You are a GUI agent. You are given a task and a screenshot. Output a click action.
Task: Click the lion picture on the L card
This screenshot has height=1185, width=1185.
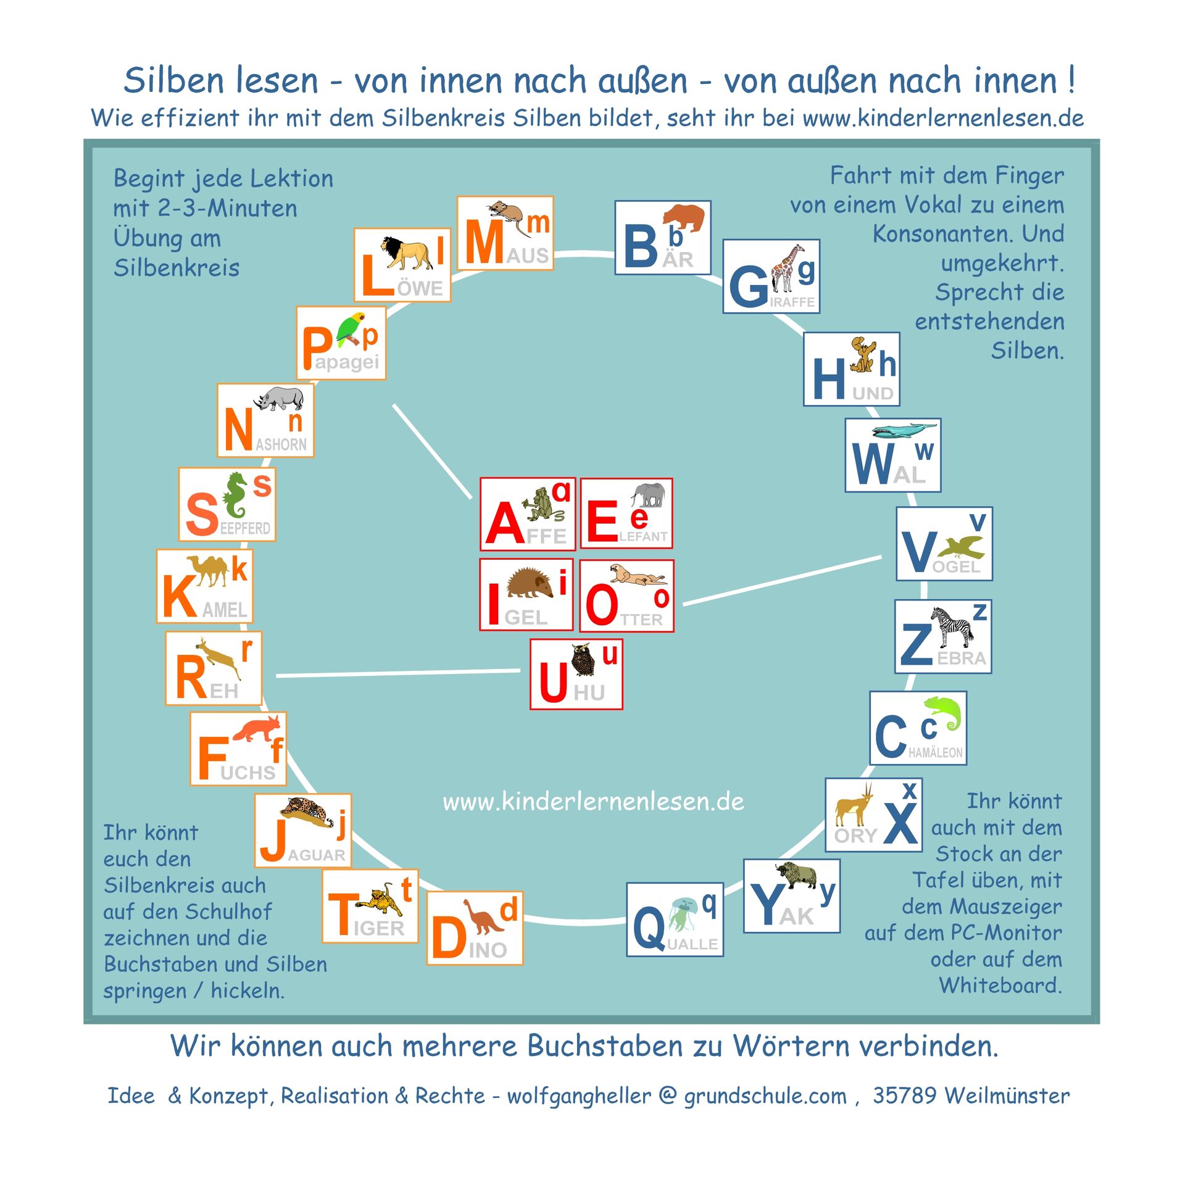407,253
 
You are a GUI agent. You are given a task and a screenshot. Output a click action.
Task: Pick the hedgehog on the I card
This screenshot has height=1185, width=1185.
530,583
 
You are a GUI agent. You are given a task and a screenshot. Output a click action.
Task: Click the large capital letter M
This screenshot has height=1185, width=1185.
484,242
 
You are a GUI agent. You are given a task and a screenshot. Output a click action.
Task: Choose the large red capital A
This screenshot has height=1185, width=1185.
504,523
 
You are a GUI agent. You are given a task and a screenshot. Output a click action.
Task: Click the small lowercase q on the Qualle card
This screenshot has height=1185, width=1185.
710,905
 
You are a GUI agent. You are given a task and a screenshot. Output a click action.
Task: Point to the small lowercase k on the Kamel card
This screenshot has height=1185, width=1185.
239,568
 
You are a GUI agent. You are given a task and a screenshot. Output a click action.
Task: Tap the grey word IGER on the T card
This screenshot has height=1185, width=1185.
379,928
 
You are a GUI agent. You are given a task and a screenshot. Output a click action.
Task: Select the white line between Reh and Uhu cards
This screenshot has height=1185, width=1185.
398,673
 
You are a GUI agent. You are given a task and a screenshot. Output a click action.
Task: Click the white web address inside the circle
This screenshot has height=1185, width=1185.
593,802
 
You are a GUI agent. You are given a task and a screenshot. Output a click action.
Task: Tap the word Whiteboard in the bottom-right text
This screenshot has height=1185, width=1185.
1000,985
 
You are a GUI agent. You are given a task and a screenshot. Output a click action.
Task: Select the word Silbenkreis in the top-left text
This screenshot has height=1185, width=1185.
177,268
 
